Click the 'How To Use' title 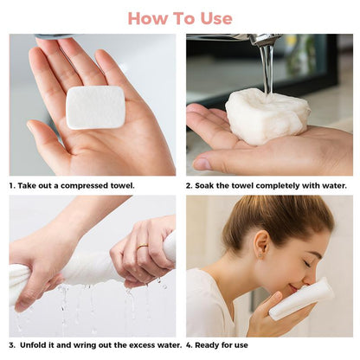[x=180, y=18]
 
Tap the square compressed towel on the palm [x=96, y=107]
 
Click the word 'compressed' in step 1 [x=87, y=185]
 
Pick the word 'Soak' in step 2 [x=205, y=185]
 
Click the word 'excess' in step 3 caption [x=125, y=344]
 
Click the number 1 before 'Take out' [x=11, y=185]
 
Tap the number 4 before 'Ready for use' [x=189, y=344]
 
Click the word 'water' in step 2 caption [x=334, y=185]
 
